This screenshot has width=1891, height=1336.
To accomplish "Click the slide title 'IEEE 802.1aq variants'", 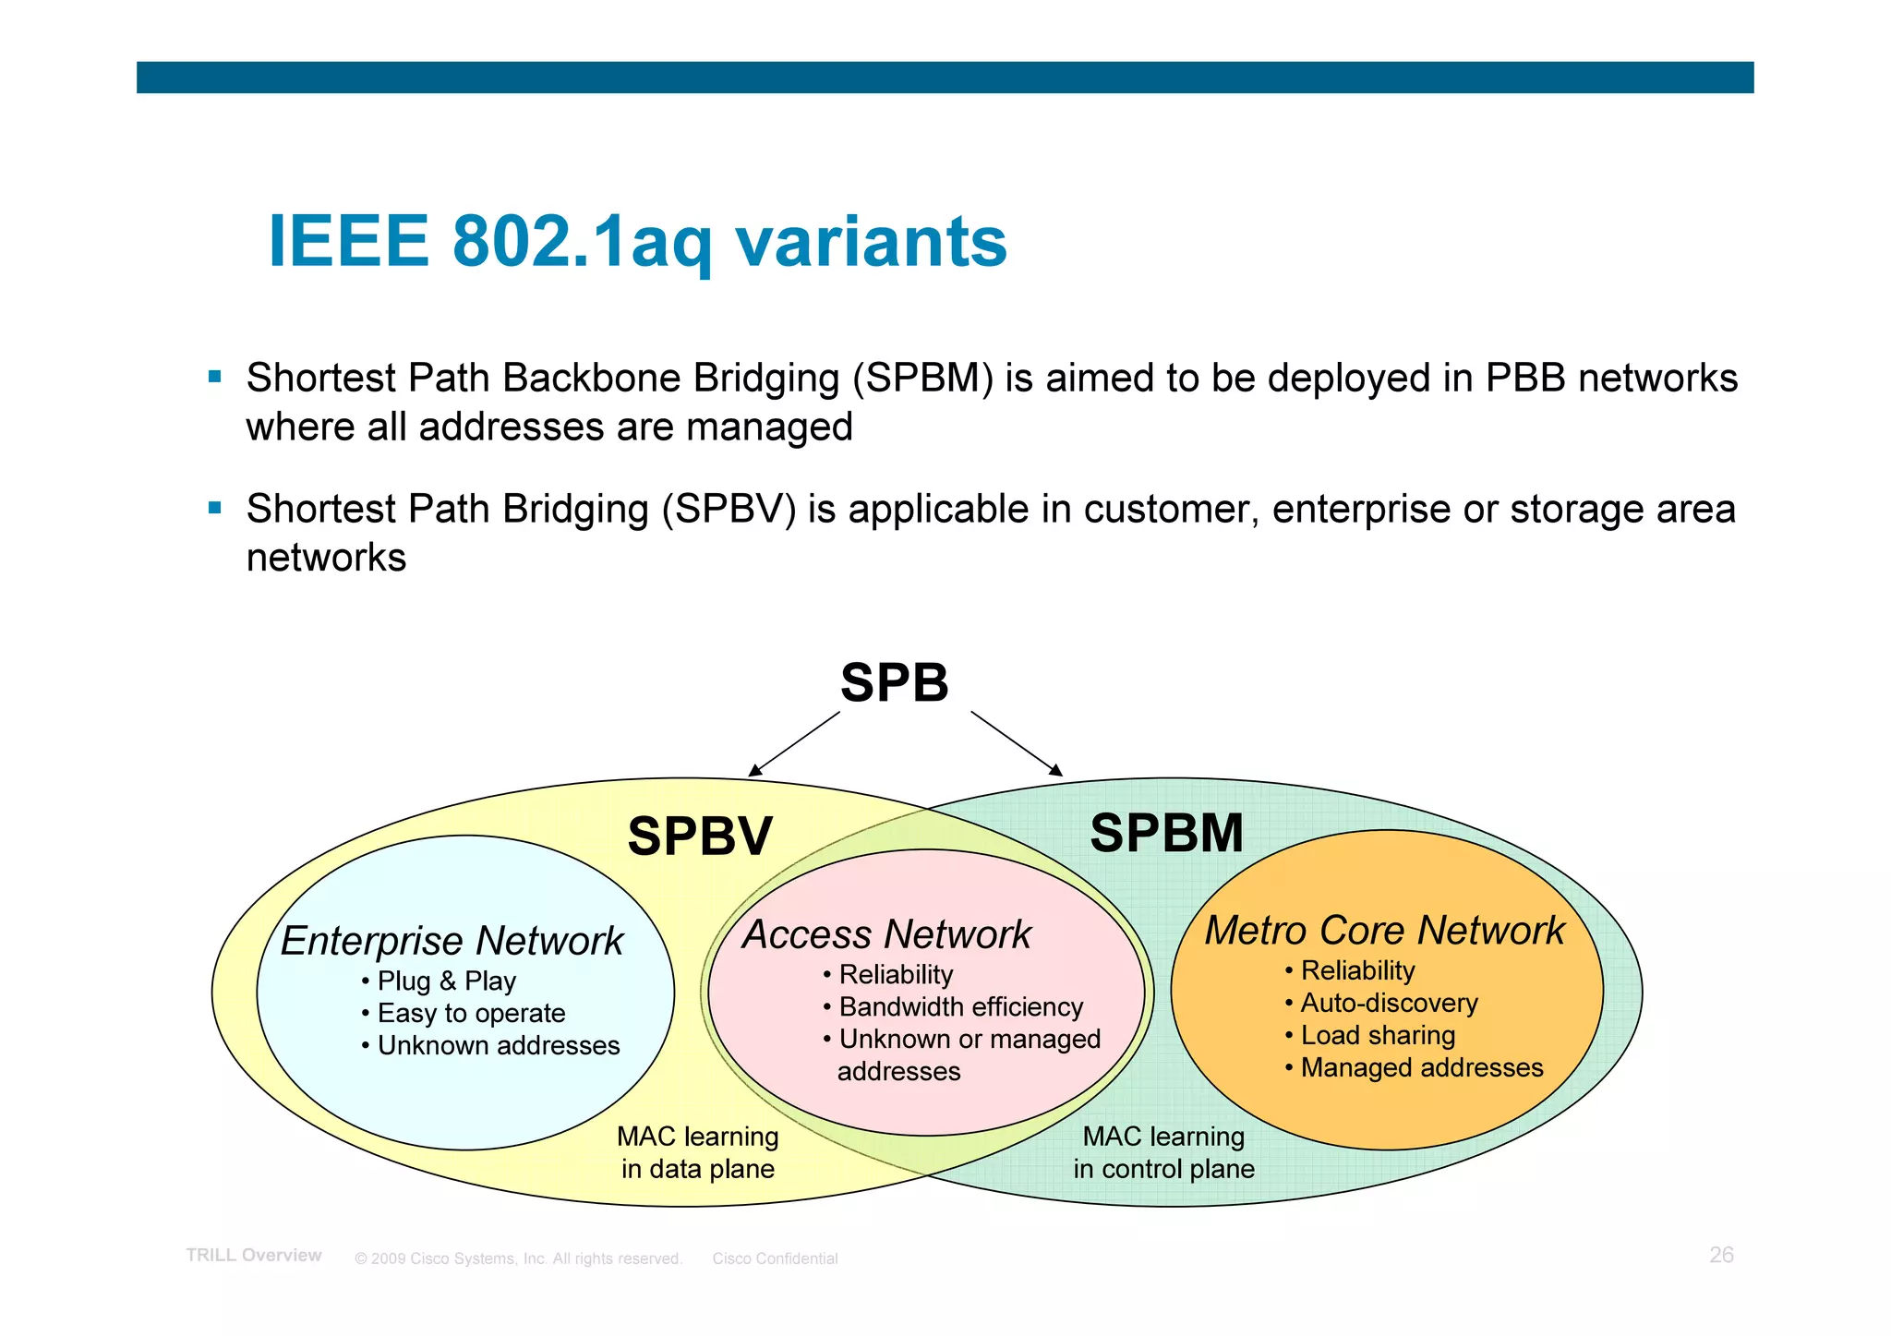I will [637, 242].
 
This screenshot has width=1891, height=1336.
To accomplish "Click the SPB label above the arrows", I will [894, 683].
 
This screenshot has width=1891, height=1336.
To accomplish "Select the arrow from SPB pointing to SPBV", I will [796, 742].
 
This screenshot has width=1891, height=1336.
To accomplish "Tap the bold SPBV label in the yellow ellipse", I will [699, 837].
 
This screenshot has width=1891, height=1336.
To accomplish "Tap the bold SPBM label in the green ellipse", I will [1166, 833].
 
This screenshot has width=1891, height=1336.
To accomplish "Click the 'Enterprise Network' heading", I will [452, 941].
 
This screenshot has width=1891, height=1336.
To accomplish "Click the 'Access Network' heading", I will [886, 934].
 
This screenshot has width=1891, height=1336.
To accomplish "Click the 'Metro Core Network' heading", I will [1384, 930].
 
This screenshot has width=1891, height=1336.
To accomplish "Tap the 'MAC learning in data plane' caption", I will [698, 1152].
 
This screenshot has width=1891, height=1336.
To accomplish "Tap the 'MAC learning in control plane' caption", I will [1163, 1152].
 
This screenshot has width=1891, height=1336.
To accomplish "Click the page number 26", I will [1721, 1255].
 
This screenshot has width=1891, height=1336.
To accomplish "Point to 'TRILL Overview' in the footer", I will [254, 1255].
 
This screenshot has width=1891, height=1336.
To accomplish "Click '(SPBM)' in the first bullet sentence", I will [922, 379].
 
